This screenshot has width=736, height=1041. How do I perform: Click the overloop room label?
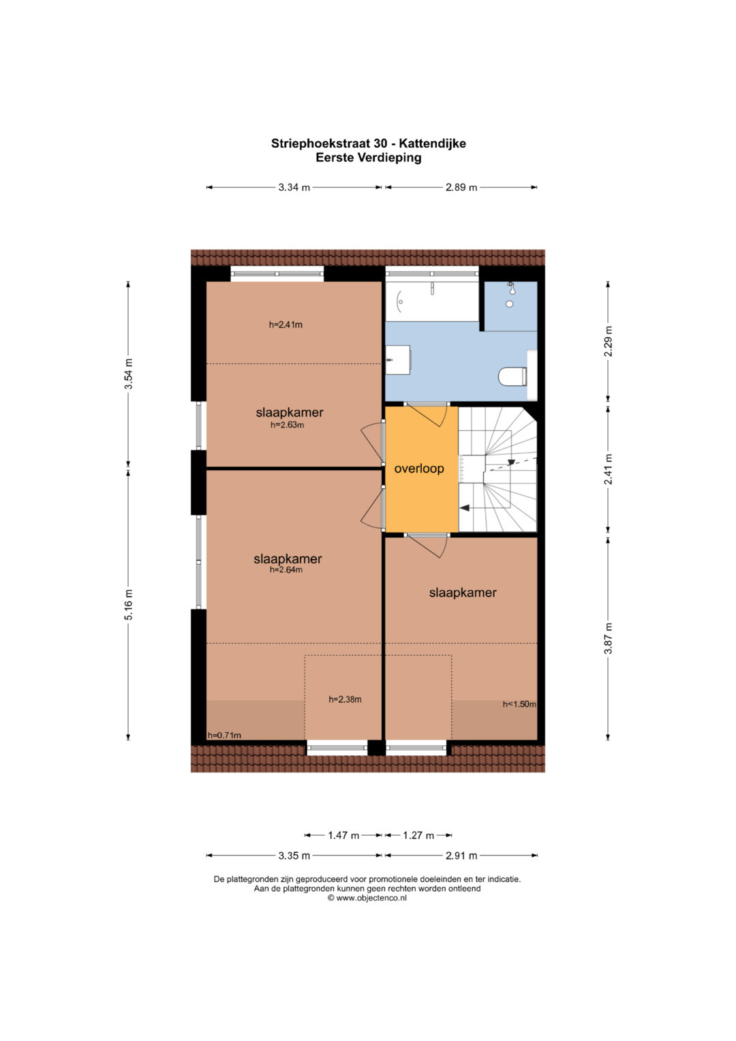point(419,468)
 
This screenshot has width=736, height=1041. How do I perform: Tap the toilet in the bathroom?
point(512,376)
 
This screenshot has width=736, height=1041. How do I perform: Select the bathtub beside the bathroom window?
point(431,301)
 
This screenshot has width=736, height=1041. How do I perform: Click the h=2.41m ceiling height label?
point(286,325)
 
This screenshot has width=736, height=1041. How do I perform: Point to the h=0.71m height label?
point(224,735)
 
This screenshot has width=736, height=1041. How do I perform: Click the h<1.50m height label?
point(519,704)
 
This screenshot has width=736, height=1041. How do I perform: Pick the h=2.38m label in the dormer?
point(346,699)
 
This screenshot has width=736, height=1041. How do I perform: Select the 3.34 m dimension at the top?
point(294,187)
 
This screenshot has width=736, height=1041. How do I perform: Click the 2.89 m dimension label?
point(461,187)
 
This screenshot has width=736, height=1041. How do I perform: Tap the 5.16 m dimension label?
point(129,604)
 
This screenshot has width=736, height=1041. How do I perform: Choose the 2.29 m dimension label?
point(608,341)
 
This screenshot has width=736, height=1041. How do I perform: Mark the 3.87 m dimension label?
point(608,638)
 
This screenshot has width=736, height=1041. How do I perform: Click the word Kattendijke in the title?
point(433,144)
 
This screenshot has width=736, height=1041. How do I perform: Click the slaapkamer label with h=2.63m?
point(290,412)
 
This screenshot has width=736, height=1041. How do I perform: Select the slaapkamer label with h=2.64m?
point(288,558)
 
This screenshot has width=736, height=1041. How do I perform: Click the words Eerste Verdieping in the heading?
point(369,157)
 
